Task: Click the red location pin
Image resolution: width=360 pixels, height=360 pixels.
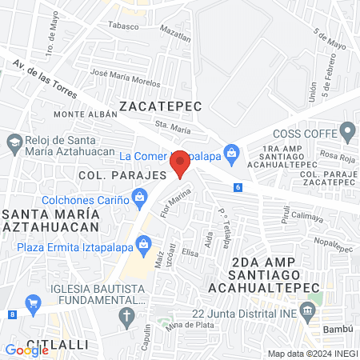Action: click(x=181, y=162)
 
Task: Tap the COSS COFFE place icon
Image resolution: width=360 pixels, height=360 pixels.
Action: click(x=347, y=130)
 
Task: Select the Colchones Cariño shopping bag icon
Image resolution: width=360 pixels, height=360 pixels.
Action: click(x=140, y=195)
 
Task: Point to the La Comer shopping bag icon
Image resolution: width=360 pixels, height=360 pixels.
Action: click(x=232, y=150)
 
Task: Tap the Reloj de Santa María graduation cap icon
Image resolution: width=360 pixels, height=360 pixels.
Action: click(x=14, y=141)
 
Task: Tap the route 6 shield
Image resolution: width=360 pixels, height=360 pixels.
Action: click(x=238, y=187)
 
